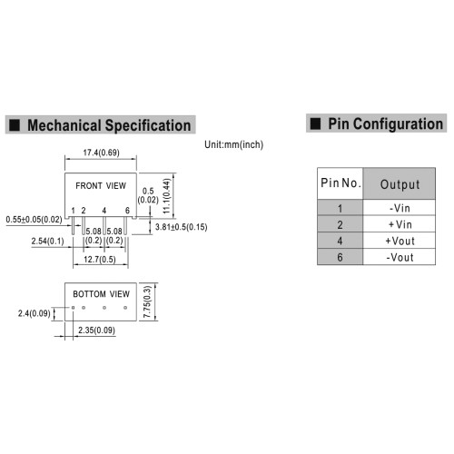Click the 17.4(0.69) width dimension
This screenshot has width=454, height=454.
tap(101, 153)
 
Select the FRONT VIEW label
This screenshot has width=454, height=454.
tap(101, 185)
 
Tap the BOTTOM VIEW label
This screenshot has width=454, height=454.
tap(101, 294)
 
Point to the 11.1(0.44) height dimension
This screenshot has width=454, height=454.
tap(167, 196)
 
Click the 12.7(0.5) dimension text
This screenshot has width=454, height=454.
tap(100, 260)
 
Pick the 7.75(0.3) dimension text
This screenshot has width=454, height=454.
tap(147, 301)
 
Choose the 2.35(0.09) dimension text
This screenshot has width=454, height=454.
tap(96, 331)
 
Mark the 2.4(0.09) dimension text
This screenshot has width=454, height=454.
tap(34, 313)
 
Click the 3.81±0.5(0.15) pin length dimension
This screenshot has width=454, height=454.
tap(181, 227)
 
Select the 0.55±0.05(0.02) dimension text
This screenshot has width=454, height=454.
tap(34, 220)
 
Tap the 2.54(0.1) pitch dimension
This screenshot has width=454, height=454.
tap(47, 242)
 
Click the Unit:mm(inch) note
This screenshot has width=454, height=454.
tap(233, 144)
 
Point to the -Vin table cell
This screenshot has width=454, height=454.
tap(400, 208)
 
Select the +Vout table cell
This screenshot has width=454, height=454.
tap(400, 241)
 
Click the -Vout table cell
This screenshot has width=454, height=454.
tap(400, 257)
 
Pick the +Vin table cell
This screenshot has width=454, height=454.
tap(400, 224)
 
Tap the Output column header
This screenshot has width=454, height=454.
tap(400, 184)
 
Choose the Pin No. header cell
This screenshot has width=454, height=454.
tap(340, 183)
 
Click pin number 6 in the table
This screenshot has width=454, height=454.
tap(340, 257)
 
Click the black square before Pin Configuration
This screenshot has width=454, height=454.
tap(315, 123)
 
